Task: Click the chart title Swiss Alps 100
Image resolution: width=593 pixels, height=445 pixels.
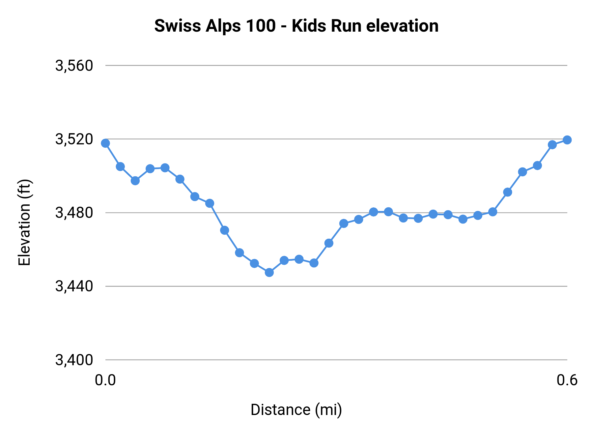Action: point(296,26)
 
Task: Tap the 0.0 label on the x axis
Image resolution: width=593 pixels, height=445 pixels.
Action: point(105,380)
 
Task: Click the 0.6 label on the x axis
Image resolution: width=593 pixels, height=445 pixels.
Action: point(567,380)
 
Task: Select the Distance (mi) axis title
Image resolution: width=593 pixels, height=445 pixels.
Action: point(296,410)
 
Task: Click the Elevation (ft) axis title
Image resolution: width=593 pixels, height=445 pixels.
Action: point(24,222)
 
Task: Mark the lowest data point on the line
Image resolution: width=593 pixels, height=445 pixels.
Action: point(269,272)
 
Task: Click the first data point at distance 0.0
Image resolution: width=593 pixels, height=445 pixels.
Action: point(105,143)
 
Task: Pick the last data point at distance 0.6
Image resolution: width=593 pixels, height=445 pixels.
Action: point(567,140)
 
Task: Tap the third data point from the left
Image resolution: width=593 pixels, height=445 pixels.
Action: point(135,181)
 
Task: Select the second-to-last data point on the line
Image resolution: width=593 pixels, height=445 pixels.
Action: point(552,145)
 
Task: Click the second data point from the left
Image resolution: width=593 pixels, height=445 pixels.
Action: point(120,166)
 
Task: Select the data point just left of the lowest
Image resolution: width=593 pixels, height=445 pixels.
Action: point(254,263)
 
